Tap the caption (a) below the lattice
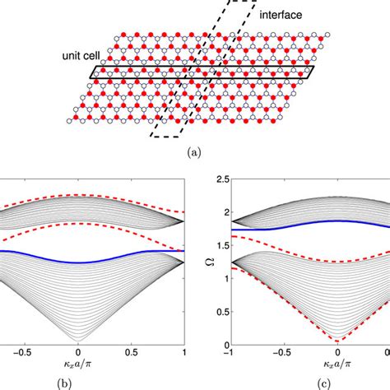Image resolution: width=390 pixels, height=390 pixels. (195, 152)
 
